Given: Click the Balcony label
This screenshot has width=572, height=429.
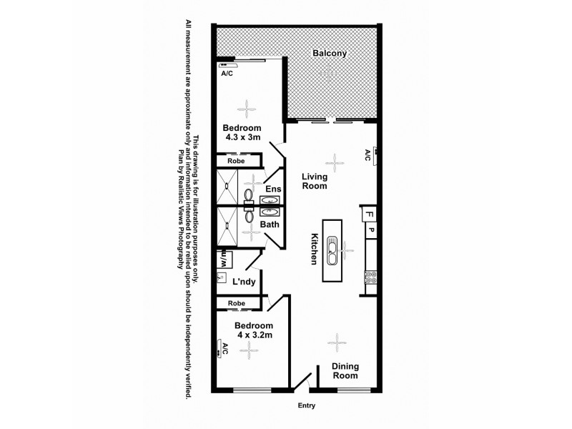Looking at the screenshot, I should pos(329,54).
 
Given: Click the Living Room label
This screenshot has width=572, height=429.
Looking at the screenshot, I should pos(314,181).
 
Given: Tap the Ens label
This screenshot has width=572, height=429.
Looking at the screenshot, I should pos(272,189).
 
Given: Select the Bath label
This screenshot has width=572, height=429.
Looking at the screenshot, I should pos(269,225).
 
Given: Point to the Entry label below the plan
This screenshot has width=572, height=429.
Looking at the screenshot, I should pos(306,405).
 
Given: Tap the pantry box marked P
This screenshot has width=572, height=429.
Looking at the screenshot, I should pos(371,230).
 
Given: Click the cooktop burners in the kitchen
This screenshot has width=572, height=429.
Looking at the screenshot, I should pos(370,275).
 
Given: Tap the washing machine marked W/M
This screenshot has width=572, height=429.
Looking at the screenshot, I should pos(223,256).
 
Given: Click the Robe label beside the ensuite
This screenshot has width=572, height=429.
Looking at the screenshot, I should pos(236,162).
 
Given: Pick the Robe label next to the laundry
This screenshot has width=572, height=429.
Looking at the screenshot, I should pos(236,304).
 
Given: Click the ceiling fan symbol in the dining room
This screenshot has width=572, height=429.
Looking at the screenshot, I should pos(336,344).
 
